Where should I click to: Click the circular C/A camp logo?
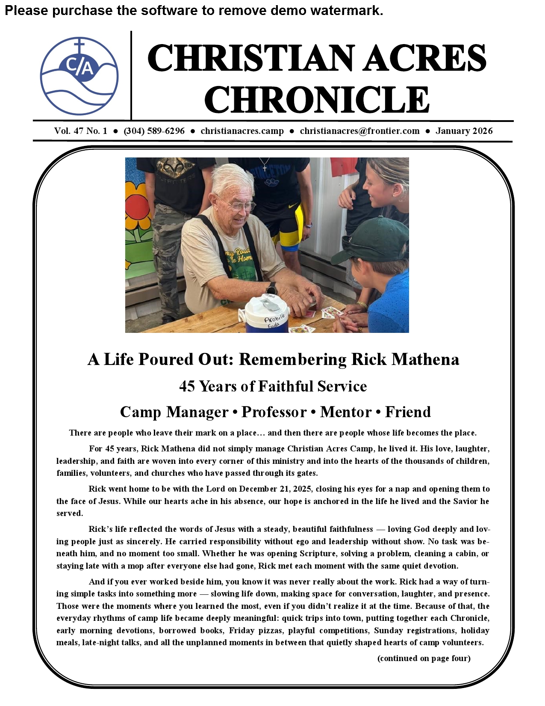pyautogui.click(x=79, y=76)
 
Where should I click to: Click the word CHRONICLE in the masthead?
pyautogui.click(x=317, y=99)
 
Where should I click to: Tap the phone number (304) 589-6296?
pyautogui.click(x=154, y=131)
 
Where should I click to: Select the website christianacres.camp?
pyautogui.click(x=242, y=131)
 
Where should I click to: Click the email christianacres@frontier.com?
pyautogui.click(x=359, y=131)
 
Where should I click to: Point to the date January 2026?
pyautogui.click(x=464, y=131)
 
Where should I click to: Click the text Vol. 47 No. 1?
pyautogui.click(x=80, y=131)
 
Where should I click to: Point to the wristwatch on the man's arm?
pyautogui.click(x=271, y=288)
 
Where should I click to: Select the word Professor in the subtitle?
pyautogui.click(x=274, y=412)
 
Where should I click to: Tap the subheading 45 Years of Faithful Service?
pyautogui.click(x=273, y=386)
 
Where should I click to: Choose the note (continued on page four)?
pyautogui.click(x=424, y=658)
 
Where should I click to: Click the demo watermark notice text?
pyautogui.click(x=194, y=10)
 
